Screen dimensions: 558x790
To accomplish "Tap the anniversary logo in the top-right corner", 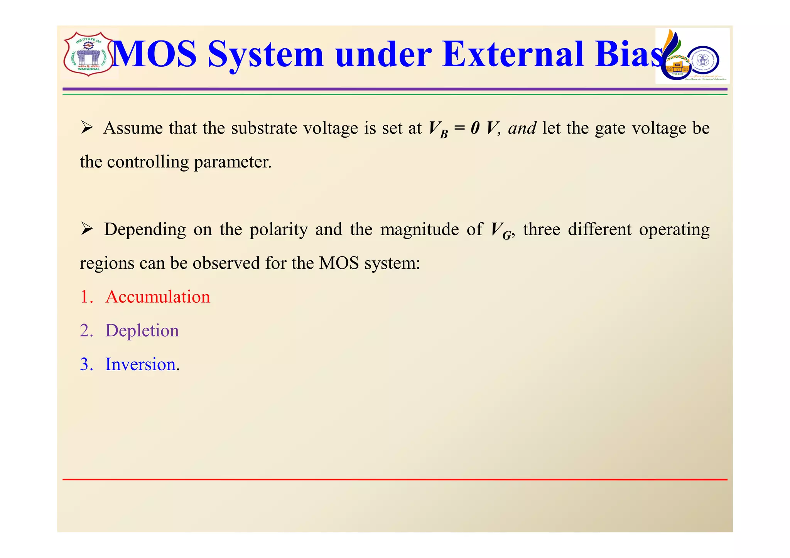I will pos(692,56).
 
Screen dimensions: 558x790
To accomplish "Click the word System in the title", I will pos(265,54).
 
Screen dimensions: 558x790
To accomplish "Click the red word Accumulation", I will pos(158,297).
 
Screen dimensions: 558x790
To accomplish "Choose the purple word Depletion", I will pos(142,331).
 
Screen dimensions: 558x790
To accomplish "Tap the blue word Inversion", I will pos(140,364).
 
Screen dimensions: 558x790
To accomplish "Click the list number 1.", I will pos(86,297).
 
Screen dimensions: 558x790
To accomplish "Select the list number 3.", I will pos(86,364).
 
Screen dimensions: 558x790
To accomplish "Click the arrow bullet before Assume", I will pos(87,128).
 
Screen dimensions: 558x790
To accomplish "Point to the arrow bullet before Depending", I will pos(87,229).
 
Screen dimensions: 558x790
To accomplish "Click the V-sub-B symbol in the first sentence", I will pos(438,129).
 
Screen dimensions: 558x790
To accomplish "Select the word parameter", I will pos(233,162).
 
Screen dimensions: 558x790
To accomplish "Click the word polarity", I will pos(279,230).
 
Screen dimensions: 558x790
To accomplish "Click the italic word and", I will pos(522,128).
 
